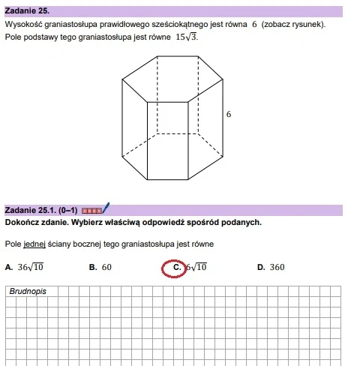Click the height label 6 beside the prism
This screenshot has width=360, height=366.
[x=229, y=115]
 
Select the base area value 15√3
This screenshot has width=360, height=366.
[x=187, y=37]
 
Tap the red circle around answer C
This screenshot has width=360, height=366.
[x=175, y=266]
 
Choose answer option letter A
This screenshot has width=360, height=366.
[x=7, y=267]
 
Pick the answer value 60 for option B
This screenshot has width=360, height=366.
[x=106, y=267]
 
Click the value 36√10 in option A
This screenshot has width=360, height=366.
[x=31, y=266]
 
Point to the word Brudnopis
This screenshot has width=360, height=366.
[x=28, y=291]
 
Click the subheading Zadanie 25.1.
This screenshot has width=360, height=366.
[x=28, y=210]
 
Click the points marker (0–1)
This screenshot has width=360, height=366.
[x=67, y=210]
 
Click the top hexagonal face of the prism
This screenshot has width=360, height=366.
[x=172, y=78]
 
